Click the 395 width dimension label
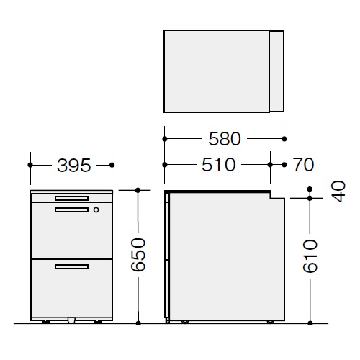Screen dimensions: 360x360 [74, 166]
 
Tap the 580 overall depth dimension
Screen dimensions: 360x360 [225, 139]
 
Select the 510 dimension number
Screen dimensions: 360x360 [218, 165]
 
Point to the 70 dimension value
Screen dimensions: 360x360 [303, 165]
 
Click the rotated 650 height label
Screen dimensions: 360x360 [138, 255]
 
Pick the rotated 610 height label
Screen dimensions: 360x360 [310, 256]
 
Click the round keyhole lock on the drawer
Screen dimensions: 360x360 [96, 210]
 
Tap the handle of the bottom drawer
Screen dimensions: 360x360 [71, 267]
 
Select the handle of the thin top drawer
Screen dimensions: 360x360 [71, 198]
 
